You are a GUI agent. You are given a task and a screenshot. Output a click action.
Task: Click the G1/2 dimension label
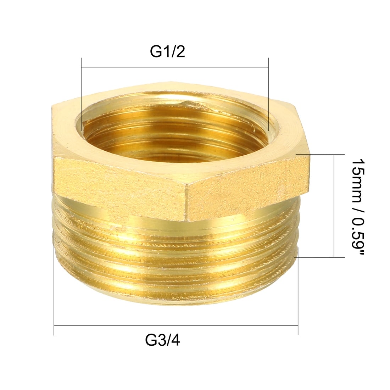[x=167, y=52]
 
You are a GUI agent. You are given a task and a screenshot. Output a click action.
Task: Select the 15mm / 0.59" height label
[x=358, y=206]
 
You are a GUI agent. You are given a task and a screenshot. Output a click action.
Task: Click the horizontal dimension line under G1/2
[x=174, y=67]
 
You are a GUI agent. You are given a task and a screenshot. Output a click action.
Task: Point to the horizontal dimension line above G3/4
[x=176, y=325]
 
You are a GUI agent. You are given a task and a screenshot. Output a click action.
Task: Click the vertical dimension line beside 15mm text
[x=334, y=206]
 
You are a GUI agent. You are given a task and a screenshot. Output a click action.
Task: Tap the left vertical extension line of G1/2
[x=81, y=95]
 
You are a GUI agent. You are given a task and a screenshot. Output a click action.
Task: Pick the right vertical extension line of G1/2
[x=268, y=95]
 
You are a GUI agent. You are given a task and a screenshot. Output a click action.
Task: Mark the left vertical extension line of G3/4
[x=54, y=282]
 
